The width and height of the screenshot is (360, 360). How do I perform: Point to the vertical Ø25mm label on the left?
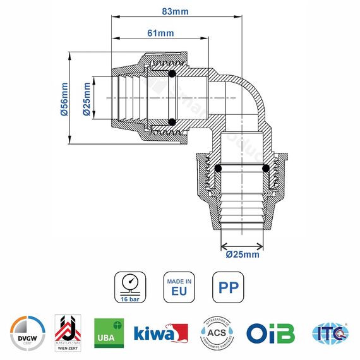86,99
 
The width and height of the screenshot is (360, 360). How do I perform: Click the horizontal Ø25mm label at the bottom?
243,255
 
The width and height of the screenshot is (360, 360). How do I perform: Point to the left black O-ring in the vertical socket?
219,169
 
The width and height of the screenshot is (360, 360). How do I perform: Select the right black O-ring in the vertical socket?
265,169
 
